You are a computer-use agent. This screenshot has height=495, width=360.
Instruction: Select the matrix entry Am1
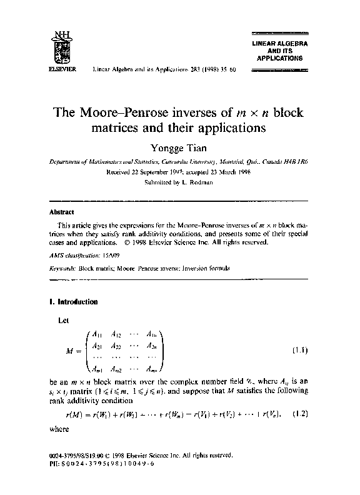click(x=97, y=368)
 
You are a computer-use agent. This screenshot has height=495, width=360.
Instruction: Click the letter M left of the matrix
click(x=69, y=351)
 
